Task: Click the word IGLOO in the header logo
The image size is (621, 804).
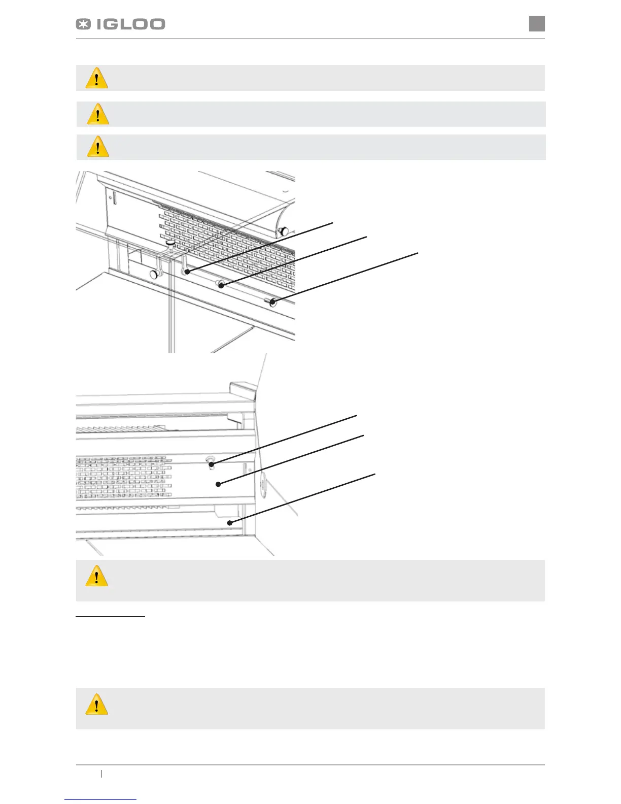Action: point(131,24)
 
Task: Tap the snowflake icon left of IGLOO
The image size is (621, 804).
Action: point(83,24)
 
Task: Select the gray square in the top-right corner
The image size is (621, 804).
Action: point(537,23)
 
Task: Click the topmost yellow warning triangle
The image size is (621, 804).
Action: point(97,79)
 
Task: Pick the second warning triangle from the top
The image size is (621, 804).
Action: point(98,114)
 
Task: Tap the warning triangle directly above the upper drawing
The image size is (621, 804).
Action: point(98,147)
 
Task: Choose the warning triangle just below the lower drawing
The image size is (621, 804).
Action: point(97,577)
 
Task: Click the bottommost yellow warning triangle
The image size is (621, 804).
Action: point(97,705)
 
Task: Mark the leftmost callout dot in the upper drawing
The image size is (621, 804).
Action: point(187,272)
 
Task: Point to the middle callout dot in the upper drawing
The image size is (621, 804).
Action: point(221,286)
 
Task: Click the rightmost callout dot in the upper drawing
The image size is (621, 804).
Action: point(273,303)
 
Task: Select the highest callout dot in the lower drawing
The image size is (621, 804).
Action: point(212,464)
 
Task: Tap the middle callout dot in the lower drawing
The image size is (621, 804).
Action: point(218,484)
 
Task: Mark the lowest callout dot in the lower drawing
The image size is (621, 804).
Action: point(230,522)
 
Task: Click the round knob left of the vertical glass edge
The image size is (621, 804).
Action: point(153,275)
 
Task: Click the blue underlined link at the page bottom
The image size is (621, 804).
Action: point(100,800)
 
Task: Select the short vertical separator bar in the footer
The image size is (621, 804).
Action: point(101,774)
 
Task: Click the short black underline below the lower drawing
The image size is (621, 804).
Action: point(110,617)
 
